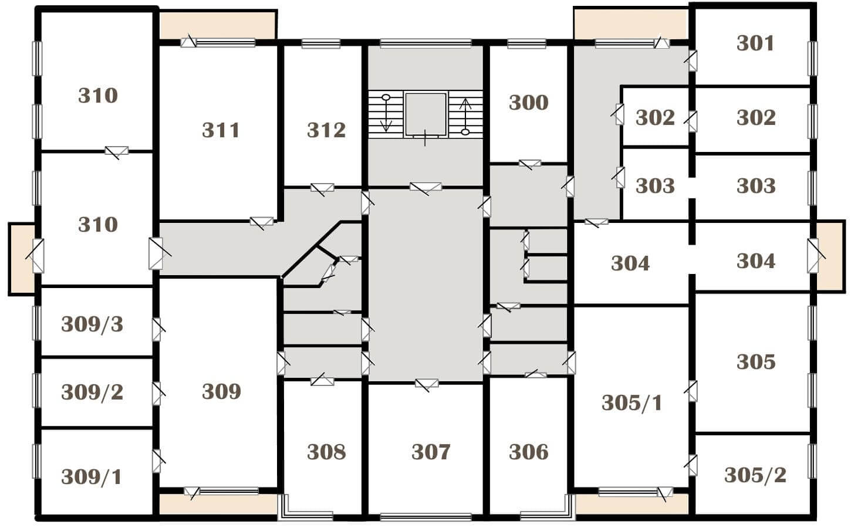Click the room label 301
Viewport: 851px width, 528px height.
pyautogui.click(x=755, y=43)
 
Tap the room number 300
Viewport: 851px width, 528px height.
pyautogui.click(x=528, y=103)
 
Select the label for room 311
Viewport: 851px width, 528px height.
pyautogui.click(x=221, y=130)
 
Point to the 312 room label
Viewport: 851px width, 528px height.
pyautogui.click(x=326, y=130)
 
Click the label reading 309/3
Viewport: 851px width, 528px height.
pyautogui.click(x=92, y=324)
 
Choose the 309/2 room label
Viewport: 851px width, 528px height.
pyautogui.click(x=92, y=392)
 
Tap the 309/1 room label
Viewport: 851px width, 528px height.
pyautogui.click(x=91, y=477)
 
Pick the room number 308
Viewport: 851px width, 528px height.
pyautogui.click(x=326, y=452)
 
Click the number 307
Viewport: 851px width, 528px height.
pyautogui.click(x=431, y=452)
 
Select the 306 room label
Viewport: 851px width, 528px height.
pyautogui.click(x=528, y=452)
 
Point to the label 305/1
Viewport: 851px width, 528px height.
pyautogui.click(x=632, y=402)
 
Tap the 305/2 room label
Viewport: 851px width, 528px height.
pyautogui.click(x=755, y=475)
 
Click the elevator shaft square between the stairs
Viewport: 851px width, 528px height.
pyautogui.click(x=425, y=114)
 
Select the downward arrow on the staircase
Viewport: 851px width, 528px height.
pyautogui.click(x=386, y=113)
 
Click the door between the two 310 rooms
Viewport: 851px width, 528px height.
pyautogui.click(x=117, y=152)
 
